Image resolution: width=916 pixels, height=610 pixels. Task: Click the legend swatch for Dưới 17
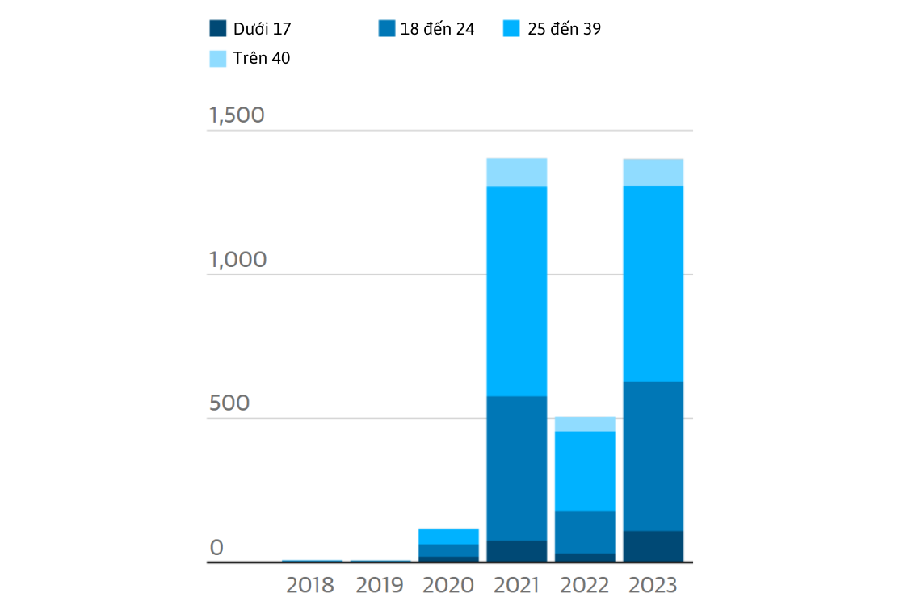(x=218, y=28)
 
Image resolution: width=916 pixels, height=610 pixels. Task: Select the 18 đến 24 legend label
(x=437, y=28)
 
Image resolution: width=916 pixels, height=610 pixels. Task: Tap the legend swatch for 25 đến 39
(x=511, y=28)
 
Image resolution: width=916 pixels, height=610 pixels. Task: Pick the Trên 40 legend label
(x=261, y=58)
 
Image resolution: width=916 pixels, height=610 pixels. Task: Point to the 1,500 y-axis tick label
(x=237, y=115)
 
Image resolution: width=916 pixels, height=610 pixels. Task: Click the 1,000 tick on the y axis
(x=237, y=259)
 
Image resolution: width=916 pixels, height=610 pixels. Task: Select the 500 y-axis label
(x=229, y=403)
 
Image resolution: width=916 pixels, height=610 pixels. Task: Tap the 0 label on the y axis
(x=216, y=548)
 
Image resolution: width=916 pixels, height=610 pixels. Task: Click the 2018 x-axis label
(x=310, y=585)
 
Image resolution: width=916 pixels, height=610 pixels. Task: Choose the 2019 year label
(x=380, y=585)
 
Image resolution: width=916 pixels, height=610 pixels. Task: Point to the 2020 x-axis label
(x=448, y=585)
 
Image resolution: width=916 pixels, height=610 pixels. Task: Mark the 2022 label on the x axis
(x=585, y=585)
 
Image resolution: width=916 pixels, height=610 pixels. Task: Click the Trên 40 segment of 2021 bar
(x=517, y=173)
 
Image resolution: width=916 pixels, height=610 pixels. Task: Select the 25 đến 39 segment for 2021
(x=517, y=292)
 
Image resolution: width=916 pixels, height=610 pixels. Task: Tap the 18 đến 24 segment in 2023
(x=653, y=457)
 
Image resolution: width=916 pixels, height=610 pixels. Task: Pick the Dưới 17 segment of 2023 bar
(x=653, y=546)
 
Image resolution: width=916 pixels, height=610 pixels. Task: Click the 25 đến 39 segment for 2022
(x=585, y=472)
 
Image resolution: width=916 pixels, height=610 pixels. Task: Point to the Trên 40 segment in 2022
(x=585, y=424)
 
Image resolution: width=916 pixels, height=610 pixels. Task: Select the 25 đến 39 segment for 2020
(x=448, y=537)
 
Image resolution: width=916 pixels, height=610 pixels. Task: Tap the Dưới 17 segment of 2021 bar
(x=517, y=552)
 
